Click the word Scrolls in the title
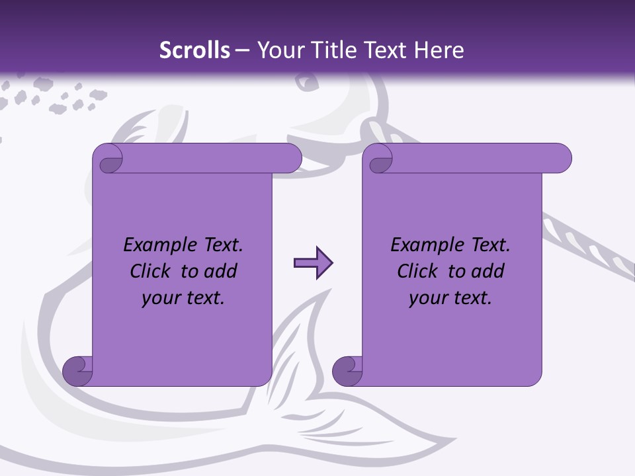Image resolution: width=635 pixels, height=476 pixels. click(194, 50)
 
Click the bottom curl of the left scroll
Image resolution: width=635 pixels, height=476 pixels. click(77, 370)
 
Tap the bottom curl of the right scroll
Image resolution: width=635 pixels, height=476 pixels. click(347, 370)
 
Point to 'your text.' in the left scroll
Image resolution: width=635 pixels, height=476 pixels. click(183, 298)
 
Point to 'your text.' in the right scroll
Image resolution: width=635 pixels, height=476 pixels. click(450, 298)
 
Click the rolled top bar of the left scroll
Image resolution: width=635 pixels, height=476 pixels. click(205, 158)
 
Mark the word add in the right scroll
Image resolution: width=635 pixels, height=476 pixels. click(488, 271)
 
